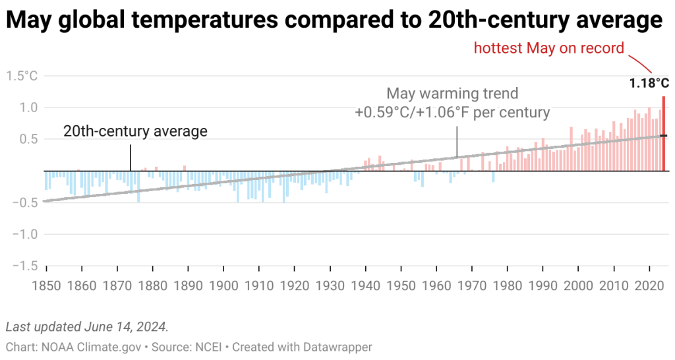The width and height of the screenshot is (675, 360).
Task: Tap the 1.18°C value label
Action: (x=649, y=84)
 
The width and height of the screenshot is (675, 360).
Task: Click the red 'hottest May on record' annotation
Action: (x=548, y=48)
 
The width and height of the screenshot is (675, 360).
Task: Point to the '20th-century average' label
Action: (x=135, y=131)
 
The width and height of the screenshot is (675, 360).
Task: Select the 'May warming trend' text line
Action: (x=452, y=93)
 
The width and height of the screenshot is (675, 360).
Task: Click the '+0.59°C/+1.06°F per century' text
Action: (x=452, y=112)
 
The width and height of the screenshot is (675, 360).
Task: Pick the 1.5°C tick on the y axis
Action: (x=22, y=76)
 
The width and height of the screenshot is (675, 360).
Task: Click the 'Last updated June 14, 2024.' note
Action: (x=86, y=326)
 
